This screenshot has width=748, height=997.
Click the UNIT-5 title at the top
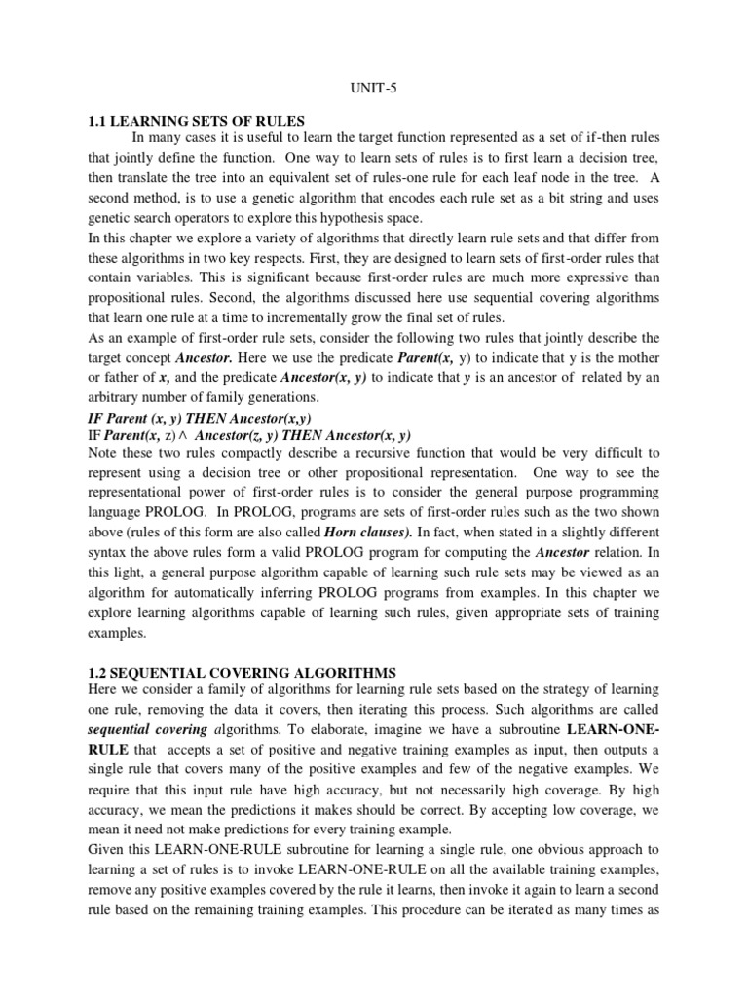(373, 85)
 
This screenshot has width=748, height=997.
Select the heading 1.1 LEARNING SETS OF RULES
(197, 121)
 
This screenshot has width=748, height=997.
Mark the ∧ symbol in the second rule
(207, 436)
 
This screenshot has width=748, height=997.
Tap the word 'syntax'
(110, 554)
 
